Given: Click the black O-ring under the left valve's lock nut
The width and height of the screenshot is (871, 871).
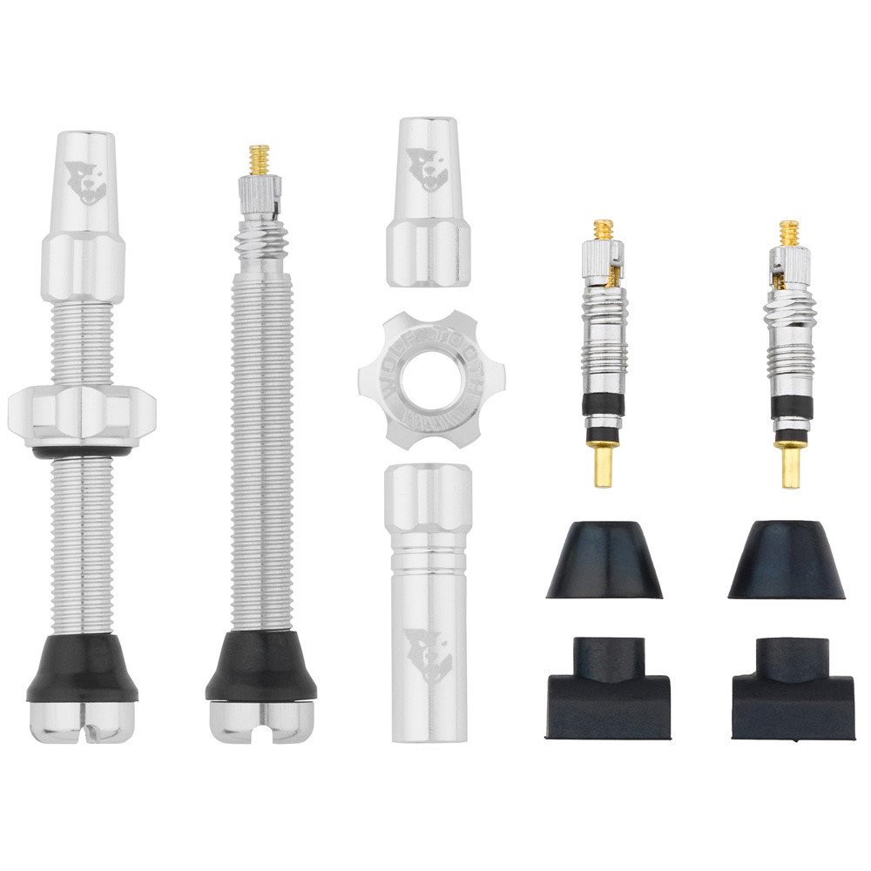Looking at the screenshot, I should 82,453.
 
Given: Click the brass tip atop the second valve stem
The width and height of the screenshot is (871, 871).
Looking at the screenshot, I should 258,158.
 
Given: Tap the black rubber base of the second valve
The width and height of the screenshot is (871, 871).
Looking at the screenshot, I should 261,669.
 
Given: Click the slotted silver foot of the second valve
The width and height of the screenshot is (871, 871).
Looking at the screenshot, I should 261,717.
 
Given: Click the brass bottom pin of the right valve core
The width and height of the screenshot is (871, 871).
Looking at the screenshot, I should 792,467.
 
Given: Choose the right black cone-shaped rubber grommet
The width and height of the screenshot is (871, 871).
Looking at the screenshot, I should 787,562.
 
